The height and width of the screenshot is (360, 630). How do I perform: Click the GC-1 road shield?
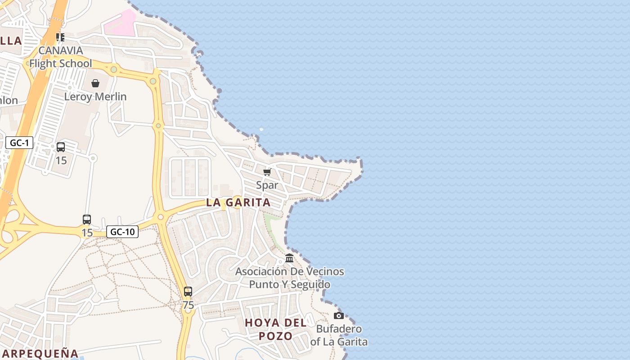click(x=19, y=143)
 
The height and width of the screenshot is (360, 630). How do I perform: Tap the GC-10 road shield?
click(x=122, y=232)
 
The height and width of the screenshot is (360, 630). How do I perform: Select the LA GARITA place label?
click(x=238, y=202)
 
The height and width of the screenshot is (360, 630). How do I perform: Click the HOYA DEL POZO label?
click(x=275, y=329)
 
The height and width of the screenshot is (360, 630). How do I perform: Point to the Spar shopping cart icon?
click(x=267, y=172)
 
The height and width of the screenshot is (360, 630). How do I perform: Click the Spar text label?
click(x=267, y=185)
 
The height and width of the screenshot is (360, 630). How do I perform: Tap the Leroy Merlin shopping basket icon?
click(x=95, y=83)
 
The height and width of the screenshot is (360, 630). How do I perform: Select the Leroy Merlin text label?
click(x=95, y=96)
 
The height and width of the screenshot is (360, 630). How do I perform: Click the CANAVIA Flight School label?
click(x=60, y=57)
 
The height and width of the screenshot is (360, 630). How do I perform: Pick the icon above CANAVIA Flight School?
click(x=60, y=37)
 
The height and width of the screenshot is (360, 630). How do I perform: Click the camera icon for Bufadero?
click(x=339, y=315)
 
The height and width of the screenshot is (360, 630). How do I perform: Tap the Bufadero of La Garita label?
click(x=339, y=335)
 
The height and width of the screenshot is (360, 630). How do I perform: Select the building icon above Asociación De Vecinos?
click(x=289, y=258)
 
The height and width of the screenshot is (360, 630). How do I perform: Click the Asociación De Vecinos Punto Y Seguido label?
click(x=289, y=278)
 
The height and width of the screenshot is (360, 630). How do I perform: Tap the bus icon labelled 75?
click(x=188, y=292)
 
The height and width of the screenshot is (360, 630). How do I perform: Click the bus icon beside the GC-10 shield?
click(x=87, y=220)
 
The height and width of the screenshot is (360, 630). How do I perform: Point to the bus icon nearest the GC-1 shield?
click(x=61, y=147)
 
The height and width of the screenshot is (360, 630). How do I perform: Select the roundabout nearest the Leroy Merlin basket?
click(x=114, y=69)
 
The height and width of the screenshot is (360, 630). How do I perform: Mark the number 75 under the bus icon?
click(x=188, y=305)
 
